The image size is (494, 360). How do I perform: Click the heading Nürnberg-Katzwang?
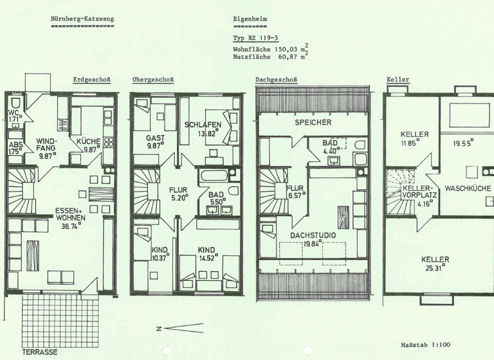coord(82,19)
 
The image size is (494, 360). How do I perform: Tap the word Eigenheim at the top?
coord(250,19)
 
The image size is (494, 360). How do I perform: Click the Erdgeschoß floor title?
coord(91,80)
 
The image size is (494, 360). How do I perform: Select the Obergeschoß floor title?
coord(152,80)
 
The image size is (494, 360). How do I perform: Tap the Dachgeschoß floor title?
coord(276,80)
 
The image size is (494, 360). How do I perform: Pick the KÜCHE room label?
coord(88,141)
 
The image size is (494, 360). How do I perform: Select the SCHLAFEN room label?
coord(203,125)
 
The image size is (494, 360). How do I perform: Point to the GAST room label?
coord(155,138)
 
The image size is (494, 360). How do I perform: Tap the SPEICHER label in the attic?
coord(313,122)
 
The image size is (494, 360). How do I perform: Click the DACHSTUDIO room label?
coord(313,235)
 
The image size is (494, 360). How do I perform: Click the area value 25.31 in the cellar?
coord(435,269)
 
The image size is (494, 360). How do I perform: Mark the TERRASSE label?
coord(40,352)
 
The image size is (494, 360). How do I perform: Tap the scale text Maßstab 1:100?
coord(425,345)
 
